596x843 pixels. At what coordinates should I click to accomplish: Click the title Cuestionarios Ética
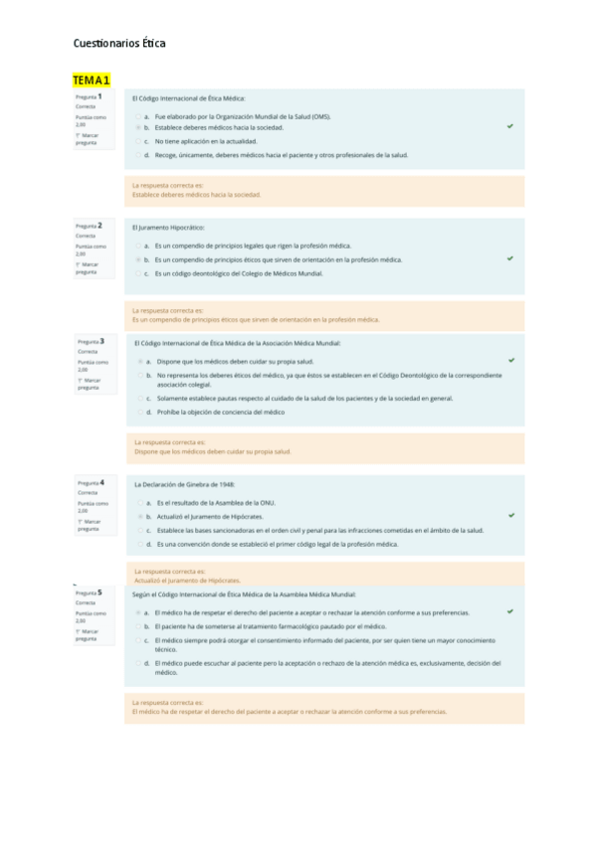tap(119, 44)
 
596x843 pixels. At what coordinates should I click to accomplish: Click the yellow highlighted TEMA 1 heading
tap(92, 80)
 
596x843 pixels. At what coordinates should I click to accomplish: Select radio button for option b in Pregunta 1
tap(138, 128)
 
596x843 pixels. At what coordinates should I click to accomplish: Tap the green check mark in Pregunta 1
tap(509, 127)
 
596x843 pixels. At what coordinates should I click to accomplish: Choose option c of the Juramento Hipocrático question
tap(137, 272)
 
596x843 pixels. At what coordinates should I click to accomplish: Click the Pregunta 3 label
tap(91, 341)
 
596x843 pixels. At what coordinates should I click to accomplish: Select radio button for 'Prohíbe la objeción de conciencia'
tap(139, 412)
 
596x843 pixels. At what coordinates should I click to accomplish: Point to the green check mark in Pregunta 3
tap(511, 360)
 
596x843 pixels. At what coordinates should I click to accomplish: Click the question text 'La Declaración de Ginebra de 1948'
tap(184, 484)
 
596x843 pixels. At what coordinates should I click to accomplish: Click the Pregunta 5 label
tap(90, 592)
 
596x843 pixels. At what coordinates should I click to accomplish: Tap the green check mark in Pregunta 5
tap(509, 612)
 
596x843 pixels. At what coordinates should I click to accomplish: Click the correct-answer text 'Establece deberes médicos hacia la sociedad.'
tap(196, 195)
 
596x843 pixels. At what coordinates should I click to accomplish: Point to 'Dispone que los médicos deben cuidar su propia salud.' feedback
tap(213, 451)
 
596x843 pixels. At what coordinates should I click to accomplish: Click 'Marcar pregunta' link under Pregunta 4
tap(90, 524)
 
